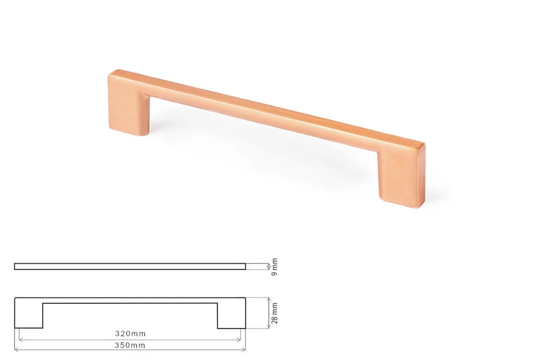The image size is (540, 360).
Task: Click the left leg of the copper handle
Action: tap(128, 107)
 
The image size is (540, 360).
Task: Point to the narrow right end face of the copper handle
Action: tap(422, 176)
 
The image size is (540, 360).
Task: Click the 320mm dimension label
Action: tap(130, 334)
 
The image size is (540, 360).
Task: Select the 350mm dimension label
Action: tap(130, 345)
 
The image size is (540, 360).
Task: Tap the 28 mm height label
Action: tap(274, 313)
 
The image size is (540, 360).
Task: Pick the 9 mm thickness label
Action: tap(274, 267)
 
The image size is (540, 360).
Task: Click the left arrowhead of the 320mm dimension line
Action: tap(21, 340)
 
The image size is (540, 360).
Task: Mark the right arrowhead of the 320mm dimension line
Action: tap(239, 340)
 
